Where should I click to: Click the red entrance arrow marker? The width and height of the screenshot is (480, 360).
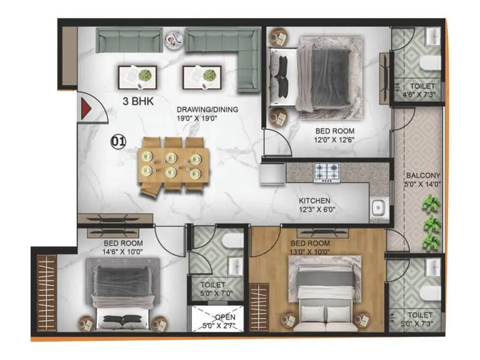coord(85,109)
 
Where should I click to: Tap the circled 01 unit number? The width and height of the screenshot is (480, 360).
coord(118,142)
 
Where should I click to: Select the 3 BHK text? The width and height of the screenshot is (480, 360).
coord(139,101)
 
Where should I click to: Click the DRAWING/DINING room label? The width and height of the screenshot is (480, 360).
coord(208,109)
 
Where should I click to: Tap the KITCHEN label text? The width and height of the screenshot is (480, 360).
coord(316,201)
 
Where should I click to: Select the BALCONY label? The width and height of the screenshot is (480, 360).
coord(422,176)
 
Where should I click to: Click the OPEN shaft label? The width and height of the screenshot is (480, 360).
coord(225,317)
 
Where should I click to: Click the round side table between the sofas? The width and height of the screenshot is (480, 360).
coord(175,40)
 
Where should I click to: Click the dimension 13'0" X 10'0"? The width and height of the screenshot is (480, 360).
coord(310,252)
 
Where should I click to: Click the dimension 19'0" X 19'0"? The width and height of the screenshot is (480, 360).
coord(208,119)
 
